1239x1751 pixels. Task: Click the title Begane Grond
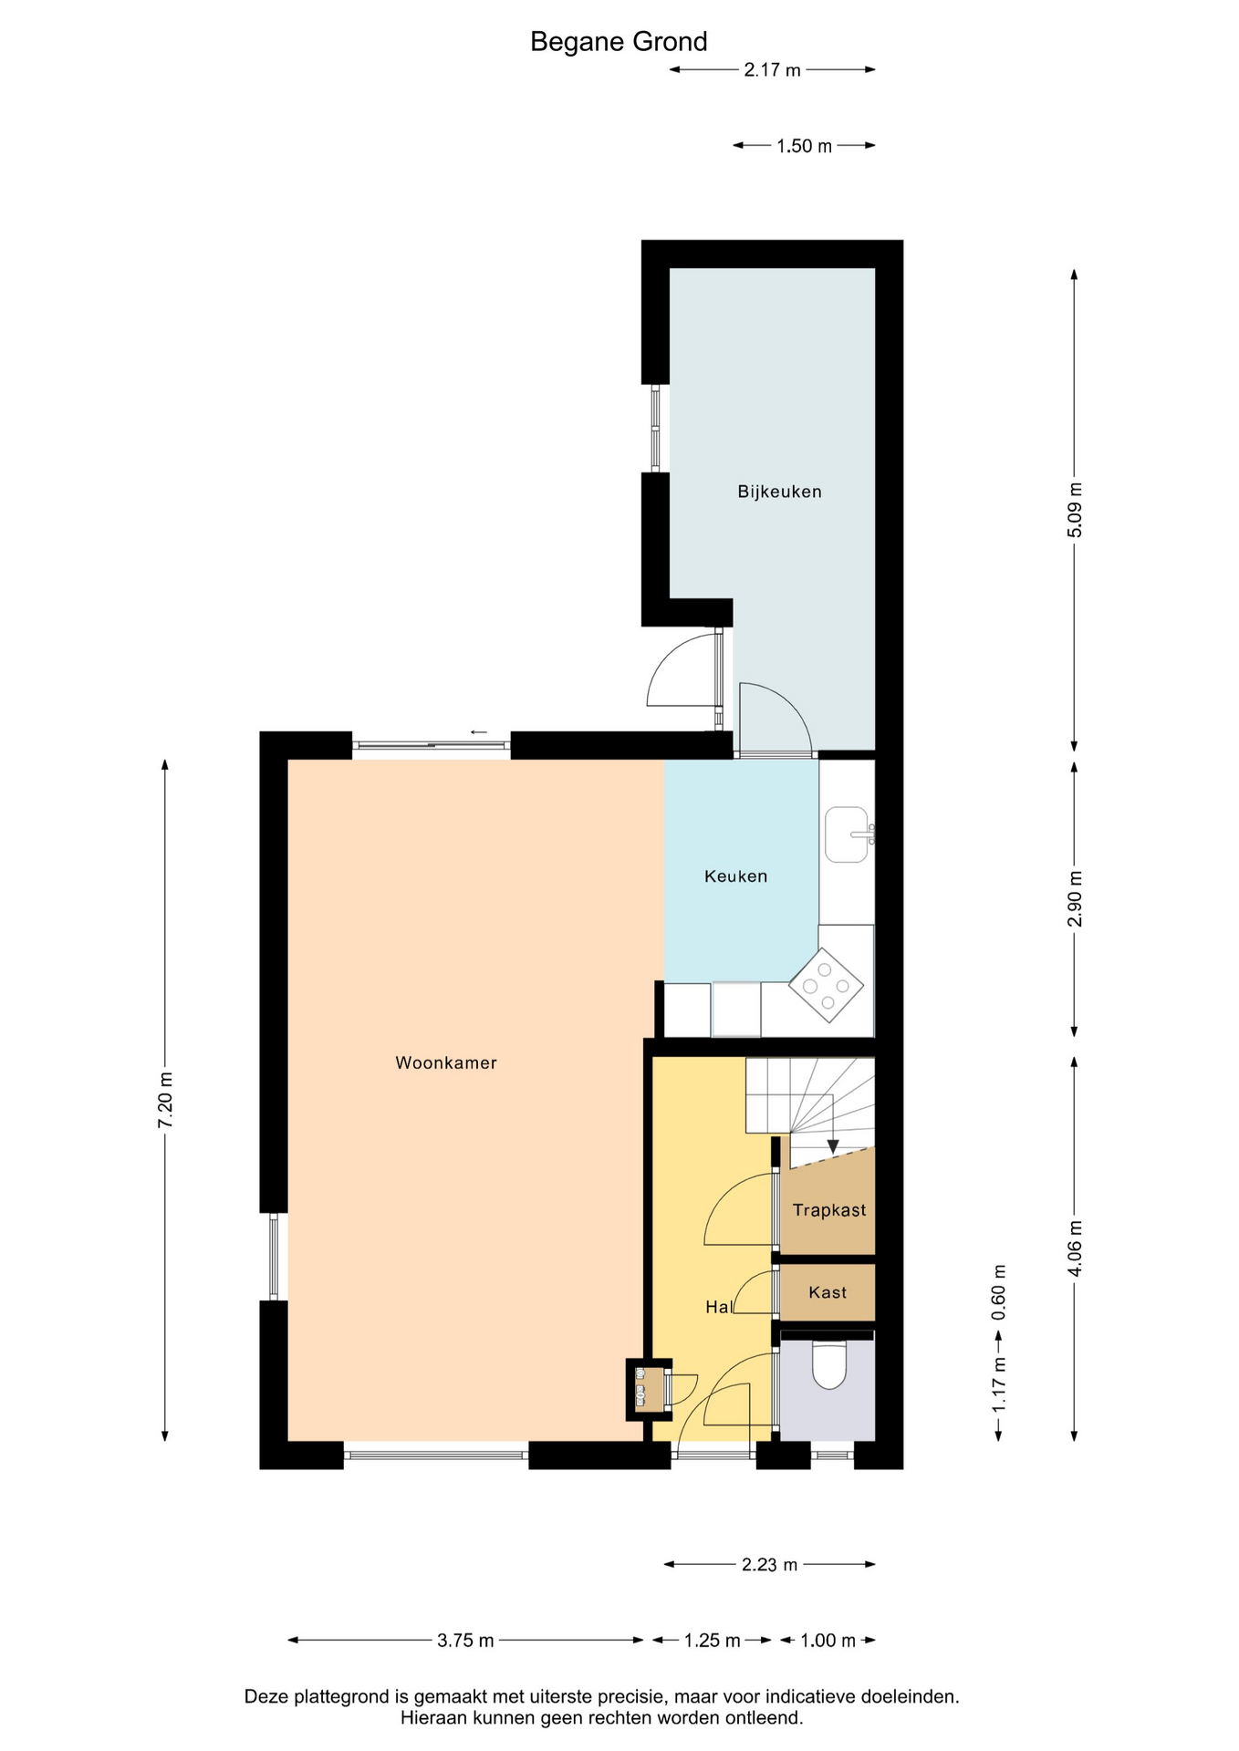click(619, 42)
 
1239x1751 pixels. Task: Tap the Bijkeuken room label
click(779, 492)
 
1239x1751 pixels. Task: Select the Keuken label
click(735, 876)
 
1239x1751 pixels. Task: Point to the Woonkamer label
click(446, 1062)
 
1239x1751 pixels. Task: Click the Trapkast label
click(829, 1210)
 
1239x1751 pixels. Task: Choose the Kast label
click(828, 1292)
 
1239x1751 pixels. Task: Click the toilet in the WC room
click(829, 1364)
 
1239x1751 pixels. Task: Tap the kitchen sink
click(848, 834)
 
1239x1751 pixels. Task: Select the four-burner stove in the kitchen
click(827, 986)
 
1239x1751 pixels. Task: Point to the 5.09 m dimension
click(1074, 509)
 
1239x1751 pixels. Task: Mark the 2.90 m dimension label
click(1074, 898)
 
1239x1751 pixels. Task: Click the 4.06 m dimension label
click(1074, 1249)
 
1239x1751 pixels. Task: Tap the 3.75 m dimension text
click(465, 1641)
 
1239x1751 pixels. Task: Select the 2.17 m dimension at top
click(772, 69)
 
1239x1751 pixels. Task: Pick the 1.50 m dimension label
click(804, 146)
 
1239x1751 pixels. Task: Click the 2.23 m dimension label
click(769, 1565)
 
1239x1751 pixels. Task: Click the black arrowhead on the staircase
click(832, 1146)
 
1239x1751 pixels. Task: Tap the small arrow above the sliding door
click(479, 731)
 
